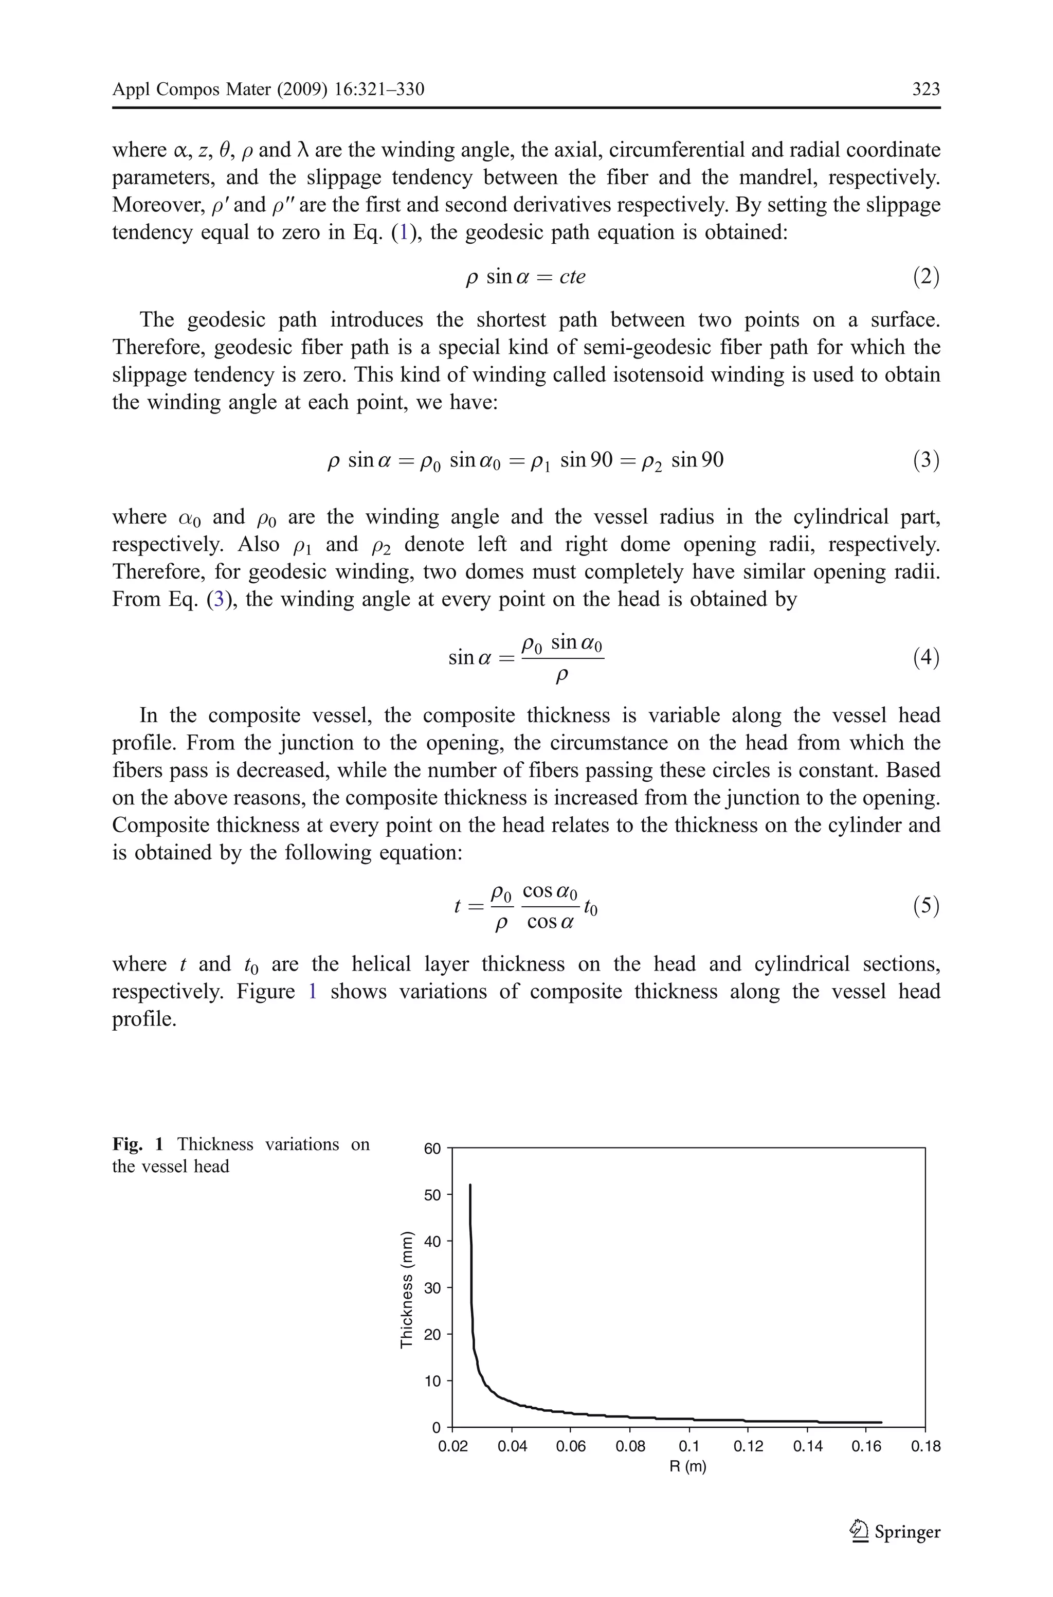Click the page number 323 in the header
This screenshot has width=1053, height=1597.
click(x=925, y=89)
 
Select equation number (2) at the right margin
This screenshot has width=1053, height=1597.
click(x=925, y=277)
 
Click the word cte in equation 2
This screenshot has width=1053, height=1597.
click(x=572, y=277)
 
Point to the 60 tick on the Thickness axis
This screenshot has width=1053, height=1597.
click(x=432, y=1149)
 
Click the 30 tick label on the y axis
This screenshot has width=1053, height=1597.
click(x=432, y=1288)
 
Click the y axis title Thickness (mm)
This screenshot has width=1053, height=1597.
click(x=406, y=1289)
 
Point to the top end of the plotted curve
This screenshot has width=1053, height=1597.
click(x=469, y=1186)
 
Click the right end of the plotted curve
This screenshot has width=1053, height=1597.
click(x=880, y=1422)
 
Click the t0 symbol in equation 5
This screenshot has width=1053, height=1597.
click(x=590, y=908)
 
